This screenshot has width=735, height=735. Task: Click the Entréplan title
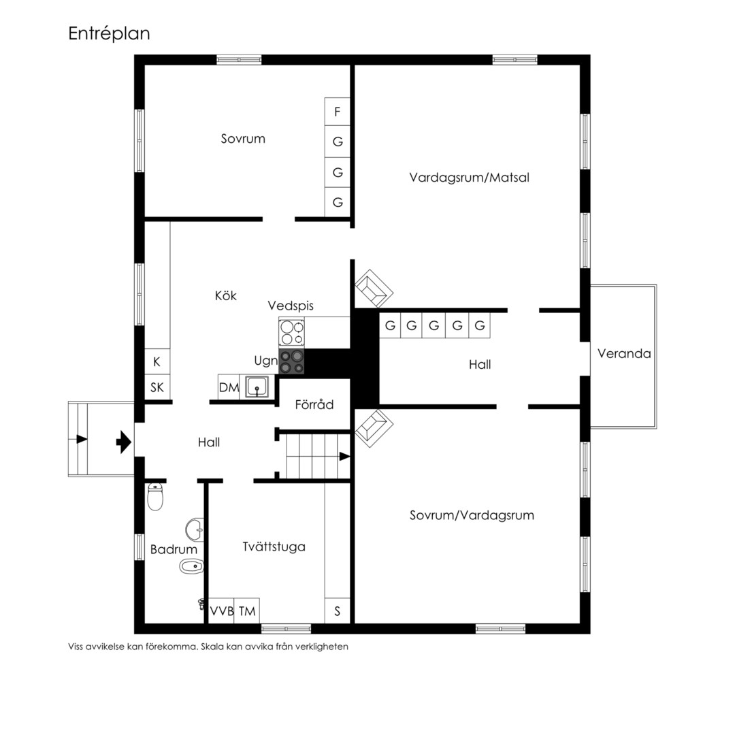(109, 33)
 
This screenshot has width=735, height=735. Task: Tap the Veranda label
(624, 353)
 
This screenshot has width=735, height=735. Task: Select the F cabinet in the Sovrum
(337, 112)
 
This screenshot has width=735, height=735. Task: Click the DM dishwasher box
(229, 387)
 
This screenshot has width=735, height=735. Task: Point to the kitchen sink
(257, 387)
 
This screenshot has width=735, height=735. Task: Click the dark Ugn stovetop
(291, 361)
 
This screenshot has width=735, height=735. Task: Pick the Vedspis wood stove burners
(291, 332)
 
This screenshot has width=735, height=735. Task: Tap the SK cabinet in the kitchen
(157, 387)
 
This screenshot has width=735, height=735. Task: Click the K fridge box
(157, 361)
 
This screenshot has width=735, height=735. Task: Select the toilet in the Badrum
(155, 497)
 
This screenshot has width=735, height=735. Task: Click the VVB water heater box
(221, 610)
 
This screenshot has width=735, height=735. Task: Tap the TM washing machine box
(247, 610)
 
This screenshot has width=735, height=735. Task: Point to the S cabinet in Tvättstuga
(337, 610)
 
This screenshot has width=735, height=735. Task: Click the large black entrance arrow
(124, 442)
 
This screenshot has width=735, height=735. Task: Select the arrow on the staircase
(344, 456)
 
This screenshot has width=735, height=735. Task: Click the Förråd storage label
(314, 404)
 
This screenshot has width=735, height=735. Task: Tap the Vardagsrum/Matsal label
(469, 178)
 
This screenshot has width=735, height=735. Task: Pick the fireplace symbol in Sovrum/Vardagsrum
(374, 428)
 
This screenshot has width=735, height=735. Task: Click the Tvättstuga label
(274, 546)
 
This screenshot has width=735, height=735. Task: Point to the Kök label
(225, 295)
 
